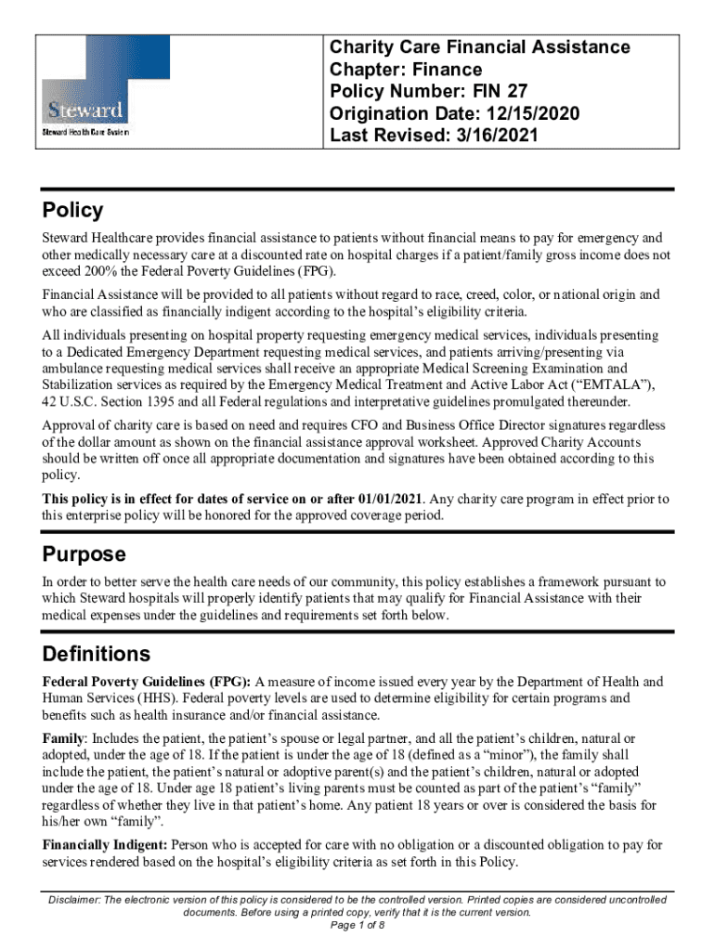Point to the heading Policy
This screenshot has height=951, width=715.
pos(72,210)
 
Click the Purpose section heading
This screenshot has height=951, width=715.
pos(84,554)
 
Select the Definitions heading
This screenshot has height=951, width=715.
pos(97,653)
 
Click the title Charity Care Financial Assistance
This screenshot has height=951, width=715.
pos(480,47)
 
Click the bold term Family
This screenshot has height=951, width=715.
pos(62,738)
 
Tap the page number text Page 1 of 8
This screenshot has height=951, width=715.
pos(357,925)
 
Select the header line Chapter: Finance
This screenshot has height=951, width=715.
pos(406,70)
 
